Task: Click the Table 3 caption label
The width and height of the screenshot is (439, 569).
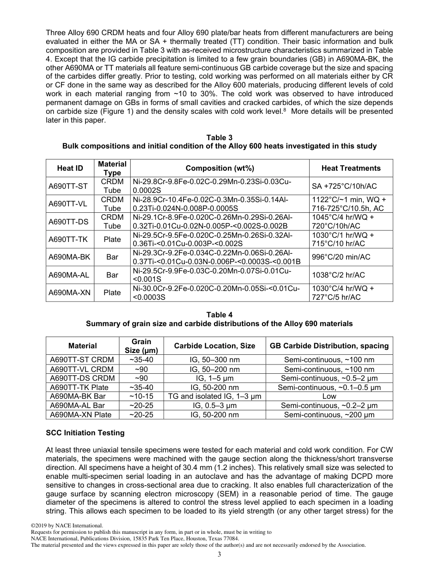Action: (219, 137)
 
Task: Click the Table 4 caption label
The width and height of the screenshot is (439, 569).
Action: (219, 315)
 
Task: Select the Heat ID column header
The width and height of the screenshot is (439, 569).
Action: (70, 168)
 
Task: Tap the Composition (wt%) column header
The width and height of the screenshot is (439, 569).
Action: (219, 168)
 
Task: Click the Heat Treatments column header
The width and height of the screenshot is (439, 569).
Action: (351, 168)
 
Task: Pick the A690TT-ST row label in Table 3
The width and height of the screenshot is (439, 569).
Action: (68, 186)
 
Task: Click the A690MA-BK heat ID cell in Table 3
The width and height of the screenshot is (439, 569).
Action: (68, 257)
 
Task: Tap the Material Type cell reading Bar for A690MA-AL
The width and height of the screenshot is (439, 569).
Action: (112, 275)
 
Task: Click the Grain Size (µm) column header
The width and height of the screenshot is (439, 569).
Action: (138, 346)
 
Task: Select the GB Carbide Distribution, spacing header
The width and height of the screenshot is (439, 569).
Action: (329, 346)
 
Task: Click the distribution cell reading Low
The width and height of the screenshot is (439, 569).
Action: (329, 396)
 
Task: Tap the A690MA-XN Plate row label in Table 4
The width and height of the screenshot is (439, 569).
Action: (80, 415)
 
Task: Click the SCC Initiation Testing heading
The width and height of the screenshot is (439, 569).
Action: (85, 433)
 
